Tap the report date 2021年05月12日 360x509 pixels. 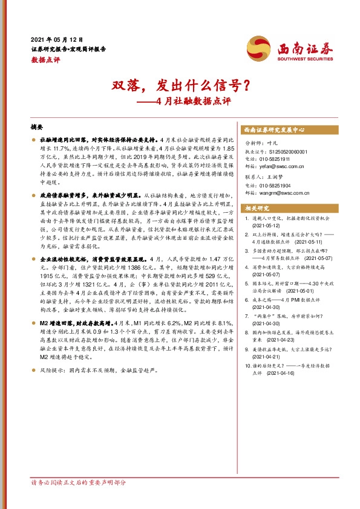(x=57, y=38)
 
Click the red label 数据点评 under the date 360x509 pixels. (x=45, y=60)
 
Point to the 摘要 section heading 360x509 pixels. (x=37, y=128)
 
